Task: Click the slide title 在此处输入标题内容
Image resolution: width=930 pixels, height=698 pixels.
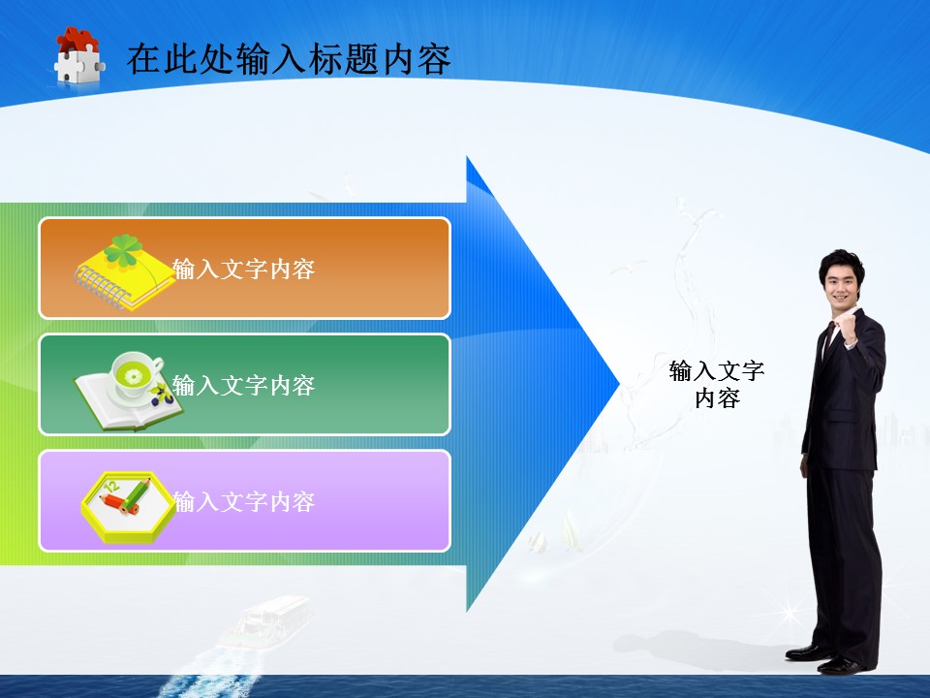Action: tap(289, 60)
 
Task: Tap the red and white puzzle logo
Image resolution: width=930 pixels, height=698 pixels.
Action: tap(78, 56)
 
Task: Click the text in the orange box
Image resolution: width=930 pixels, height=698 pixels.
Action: tap(244, 270)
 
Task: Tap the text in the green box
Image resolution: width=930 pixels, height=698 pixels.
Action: tap(244, 386)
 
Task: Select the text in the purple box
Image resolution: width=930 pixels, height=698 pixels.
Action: tap(244, 502)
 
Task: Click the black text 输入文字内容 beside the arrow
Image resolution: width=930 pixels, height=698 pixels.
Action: tap(717, 384)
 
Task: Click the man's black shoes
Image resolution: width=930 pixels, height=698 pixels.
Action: tap(823, 659)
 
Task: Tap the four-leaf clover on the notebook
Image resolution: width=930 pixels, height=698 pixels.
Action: tap(125, 251)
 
